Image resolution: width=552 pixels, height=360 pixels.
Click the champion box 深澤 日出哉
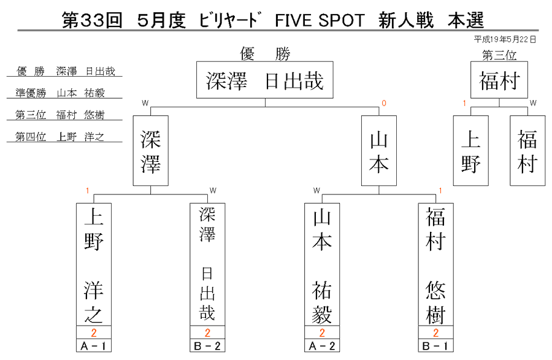(x=265, y=80)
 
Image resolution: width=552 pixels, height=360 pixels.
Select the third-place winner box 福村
(x=499, y=80)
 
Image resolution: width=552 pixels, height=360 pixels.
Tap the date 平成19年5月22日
(x=505, y=39)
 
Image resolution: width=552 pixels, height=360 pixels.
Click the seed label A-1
(x=94, y=345)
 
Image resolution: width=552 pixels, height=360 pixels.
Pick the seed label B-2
(x=207, y=345)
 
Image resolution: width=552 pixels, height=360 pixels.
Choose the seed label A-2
(x=322, y=345)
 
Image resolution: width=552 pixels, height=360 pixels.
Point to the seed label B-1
(x=436, y=345)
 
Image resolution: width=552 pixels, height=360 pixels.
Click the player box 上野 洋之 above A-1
(x=94, y=264)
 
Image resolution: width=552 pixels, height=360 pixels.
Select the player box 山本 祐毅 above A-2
(x=322, y=264)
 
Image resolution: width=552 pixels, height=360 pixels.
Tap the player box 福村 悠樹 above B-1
(x=436, y=264)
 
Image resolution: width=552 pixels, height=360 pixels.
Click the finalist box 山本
(x=379, y=151)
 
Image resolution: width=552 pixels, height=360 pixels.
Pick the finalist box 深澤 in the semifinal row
(x=151, y=151)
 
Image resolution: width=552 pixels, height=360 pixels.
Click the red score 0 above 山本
(x=384, y=103)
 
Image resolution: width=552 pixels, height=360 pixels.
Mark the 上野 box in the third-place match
(x=470, y=151)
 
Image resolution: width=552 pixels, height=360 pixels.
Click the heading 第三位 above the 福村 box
(x=499, y=55)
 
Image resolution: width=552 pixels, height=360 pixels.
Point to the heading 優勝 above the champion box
(x=265, y=54)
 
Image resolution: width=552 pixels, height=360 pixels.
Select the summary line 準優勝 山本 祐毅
(x=60, y=93)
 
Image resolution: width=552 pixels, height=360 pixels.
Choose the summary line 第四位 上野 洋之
(x=60, y=137)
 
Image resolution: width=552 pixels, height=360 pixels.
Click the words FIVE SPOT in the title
(x=320, y=20)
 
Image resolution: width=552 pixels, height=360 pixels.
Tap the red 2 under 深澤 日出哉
(x=207, y=332)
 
